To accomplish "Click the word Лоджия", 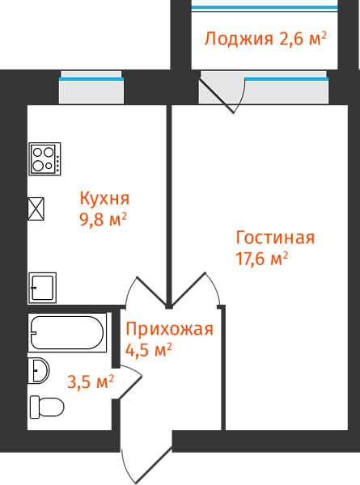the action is [239, 39].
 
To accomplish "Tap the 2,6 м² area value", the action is [303, 38].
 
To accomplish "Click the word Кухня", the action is [104, 198].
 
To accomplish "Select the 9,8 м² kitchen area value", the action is [104, 219].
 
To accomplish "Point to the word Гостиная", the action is [275, 238].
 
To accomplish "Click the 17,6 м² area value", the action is [262, 259].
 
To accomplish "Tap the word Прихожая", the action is [169, 329].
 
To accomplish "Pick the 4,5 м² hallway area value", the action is [149, 350].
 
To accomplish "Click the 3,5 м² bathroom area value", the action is [91, 382].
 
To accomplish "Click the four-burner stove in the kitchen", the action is [44, 159].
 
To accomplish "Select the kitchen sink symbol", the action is [42, 288].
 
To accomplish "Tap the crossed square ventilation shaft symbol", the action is [36, 209].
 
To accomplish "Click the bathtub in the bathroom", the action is [67, 332].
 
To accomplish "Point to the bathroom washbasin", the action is [39, 370].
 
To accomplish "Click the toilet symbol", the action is [47, 407].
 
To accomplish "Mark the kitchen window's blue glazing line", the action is [91, 79].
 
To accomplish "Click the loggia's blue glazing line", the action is [265, 6].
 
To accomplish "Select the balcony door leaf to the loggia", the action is [217, 96].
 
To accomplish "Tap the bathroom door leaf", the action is [130, 387].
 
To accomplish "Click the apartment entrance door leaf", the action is [154, 466].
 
